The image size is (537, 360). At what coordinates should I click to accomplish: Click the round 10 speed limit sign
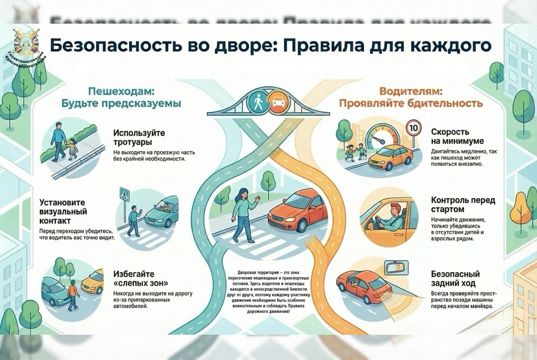(413, 128)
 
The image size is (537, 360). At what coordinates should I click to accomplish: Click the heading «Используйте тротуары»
(139, 137)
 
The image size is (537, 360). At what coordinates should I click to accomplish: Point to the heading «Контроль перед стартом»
(463, 204)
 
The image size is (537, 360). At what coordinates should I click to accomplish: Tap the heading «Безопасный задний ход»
(455, 278)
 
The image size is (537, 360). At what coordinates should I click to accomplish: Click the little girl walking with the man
(73, 149)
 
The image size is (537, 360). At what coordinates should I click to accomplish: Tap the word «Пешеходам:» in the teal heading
(121, 91)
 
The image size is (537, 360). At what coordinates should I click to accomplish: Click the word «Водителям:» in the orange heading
(411, 91)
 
